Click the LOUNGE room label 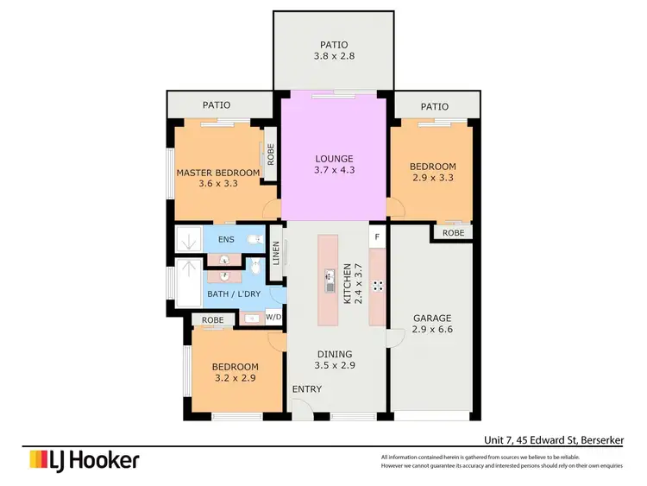pos(334,159)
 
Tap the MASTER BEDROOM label pos(217,173)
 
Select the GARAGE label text pos(432,317)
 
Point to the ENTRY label pos(306,390)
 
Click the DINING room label pos(335,353)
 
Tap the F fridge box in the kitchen pos(377,235)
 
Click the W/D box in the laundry pos(273,317)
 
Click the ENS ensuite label pos(226,239)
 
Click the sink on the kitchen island pos(329,280)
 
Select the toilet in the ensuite pos(254,239)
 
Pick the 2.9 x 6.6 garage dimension pos(432,329)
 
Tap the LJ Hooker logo pos(85,460)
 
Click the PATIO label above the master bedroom pos(217,105)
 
